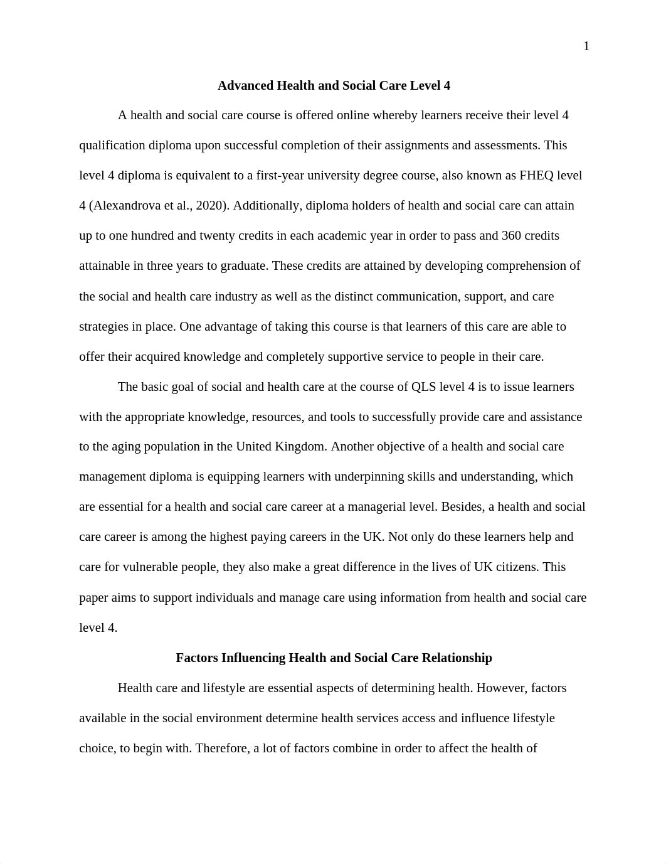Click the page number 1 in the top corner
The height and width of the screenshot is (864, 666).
[x=586, y=46]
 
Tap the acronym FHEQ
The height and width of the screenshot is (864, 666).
[x=536, y=176]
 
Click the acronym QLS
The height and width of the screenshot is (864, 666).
[x=424, y=387]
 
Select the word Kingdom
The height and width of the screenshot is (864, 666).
[x=301, y=447]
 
